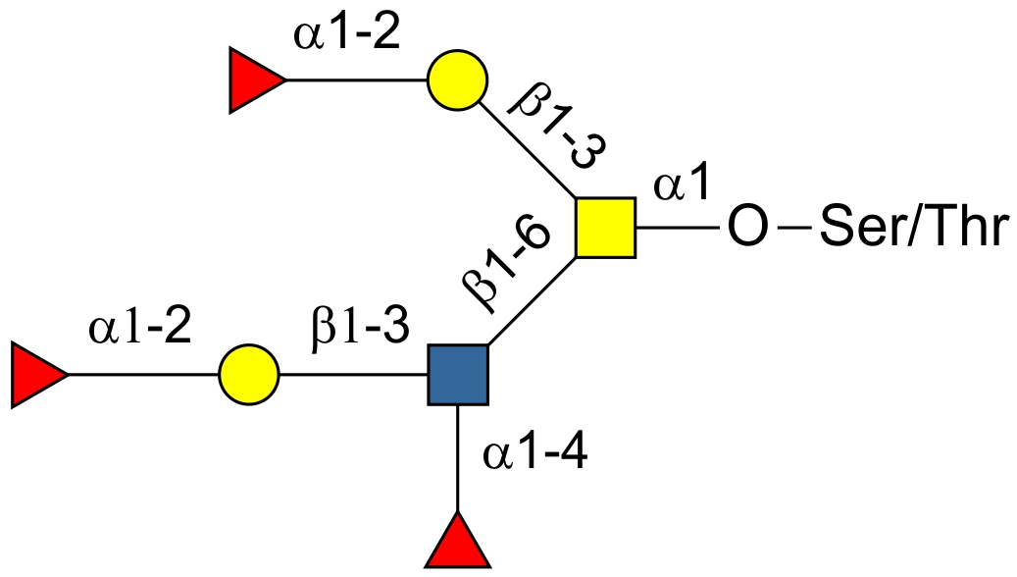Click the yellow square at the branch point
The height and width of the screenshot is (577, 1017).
[x=605, y=228]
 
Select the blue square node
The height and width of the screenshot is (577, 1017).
[x=458, y=375]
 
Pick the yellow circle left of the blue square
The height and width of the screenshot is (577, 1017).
[x=249, y=375]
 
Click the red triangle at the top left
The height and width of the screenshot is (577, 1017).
[x=254, y=80]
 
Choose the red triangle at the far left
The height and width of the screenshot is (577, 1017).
[x=36, y=375]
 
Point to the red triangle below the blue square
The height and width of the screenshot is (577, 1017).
[x=457, y=543]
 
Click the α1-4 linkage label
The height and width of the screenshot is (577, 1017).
[x=534, y=453]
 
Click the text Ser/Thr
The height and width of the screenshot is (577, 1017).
[x=912, y=229]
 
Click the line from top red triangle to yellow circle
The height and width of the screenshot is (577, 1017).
[x=356, y=80]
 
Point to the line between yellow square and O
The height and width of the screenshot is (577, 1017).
[x=680, y=229]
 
